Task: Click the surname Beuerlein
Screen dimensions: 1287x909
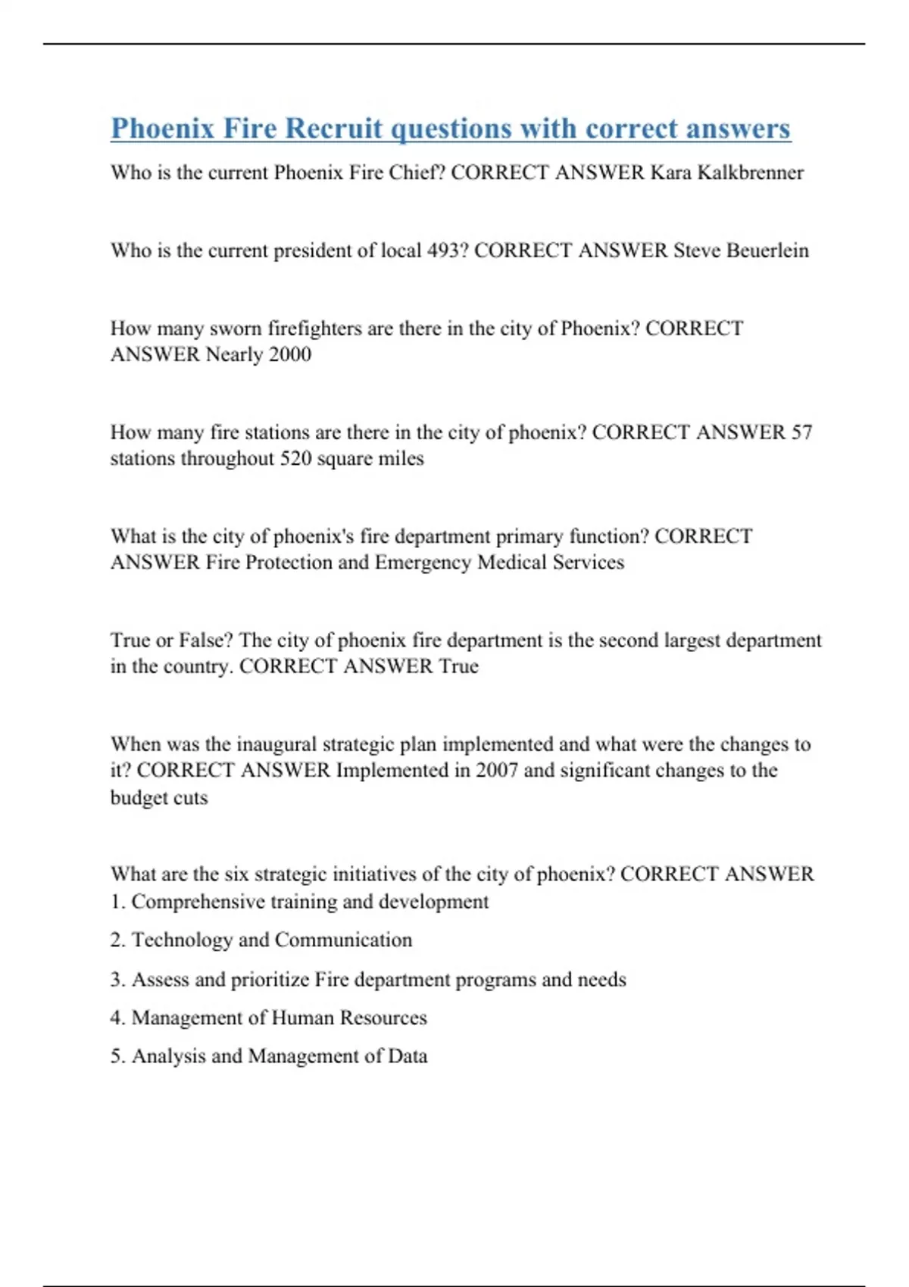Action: [x=767, y=251]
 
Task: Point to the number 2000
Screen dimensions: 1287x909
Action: [x=289, y=354]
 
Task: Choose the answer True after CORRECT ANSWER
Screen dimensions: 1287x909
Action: [x=458, y=666]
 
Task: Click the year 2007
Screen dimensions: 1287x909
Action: [x=497, y=771]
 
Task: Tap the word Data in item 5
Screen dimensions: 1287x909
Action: [x=408, y=1056]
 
